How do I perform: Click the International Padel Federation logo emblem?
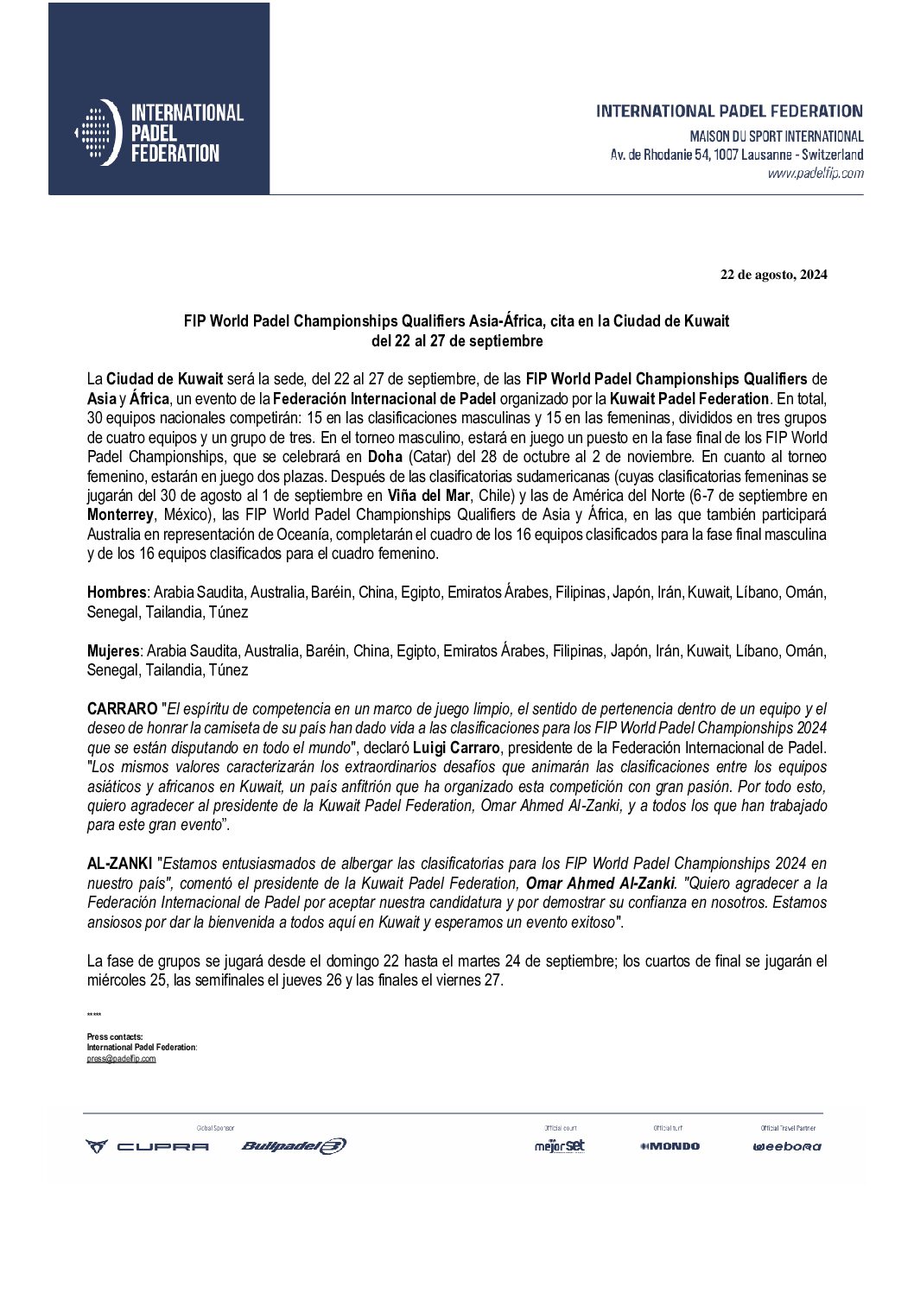95,132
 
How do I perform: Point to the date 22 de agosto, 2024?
774,276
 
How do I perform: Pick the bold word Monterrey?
120,513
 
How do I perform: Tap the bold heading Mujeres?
114,650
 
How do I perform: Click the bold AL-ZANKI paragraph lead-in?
122,862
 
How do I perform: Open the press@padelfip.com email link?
121,1058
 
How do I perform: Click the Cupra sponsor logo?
147,1146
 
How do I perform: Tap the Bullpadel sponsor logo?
294,1146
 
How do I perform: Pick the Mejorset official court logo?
559,1146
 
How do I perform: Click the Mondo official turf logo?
670,1146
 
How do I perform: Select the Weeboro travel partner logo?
786,1147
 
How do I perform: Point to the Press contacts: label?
115,1036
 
